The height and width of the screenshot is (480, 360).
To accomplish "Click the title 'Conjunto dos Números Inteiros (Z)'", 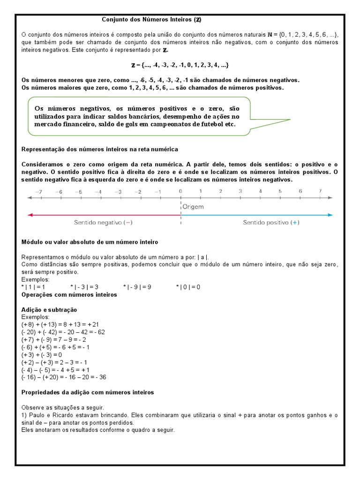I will click(152, 20).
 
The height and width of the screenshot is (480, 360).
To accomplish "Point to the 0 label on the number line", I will click(180, 191).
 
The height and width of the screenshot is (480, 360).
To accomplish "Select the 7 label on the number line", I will click(320, 191).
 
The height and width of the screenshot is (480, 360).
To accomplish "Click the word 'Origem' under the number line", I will click(193, 206).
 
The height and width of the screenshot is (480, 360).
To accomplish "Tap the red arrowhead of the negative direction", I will click(30, 215).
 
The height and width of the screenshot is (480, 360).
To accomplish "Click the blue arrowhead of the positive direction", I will click(330, 215).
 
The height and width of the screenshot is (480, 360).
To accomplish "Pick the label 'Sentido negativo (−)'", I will click(103, 223).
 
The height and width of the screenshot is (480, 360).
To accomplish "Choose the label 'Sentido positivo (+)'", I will click(270, 223).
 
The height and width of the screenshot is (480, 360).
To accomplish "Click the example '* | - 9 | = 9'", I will click(137, 287).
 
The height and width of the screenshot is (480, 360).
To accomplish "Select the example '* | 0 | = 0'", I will click(188, 287).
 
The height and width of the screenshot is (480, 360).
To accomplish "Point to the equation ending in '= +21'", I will click(60, 324).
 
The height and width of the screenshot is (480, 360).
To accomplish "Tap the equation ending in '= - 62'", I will click(63, 332).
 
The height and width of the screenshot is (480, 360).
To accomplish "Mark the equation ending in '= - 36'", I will click(64, 377).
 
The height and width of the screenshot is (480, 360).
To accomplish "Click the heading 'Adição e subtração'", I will click(49, 310).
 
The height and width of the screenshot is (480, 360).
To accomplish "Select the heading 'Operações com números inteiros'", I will click(69, 295).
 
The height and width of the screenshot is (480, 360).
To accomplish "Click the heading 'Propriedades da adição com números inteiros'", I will click(88, 392).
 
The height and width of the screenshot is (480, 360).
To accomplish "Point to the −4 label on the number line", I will click(98, 191).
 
